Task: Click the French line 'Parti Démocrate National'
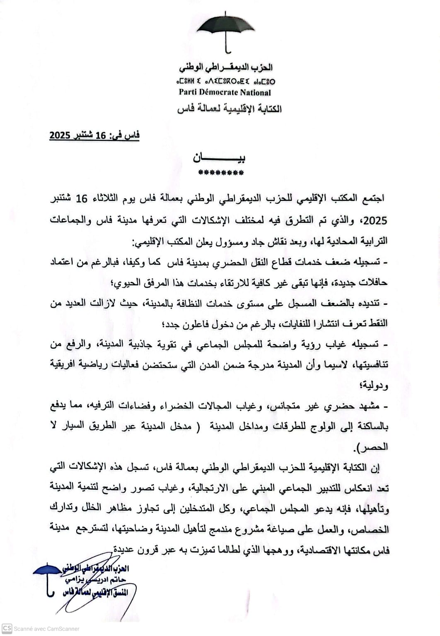coord(225,92)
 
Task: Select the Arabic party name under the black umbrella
coord(226,67)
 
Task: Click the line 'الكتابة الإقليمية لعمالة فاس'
coord(229,109)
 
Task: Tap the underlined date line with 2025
coord(94,135)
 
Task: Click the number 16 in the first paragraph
coord(82,199)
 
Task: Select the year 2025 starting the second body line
coord(375,220)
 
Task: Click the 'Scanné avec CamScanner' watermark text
coord(46,629)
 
